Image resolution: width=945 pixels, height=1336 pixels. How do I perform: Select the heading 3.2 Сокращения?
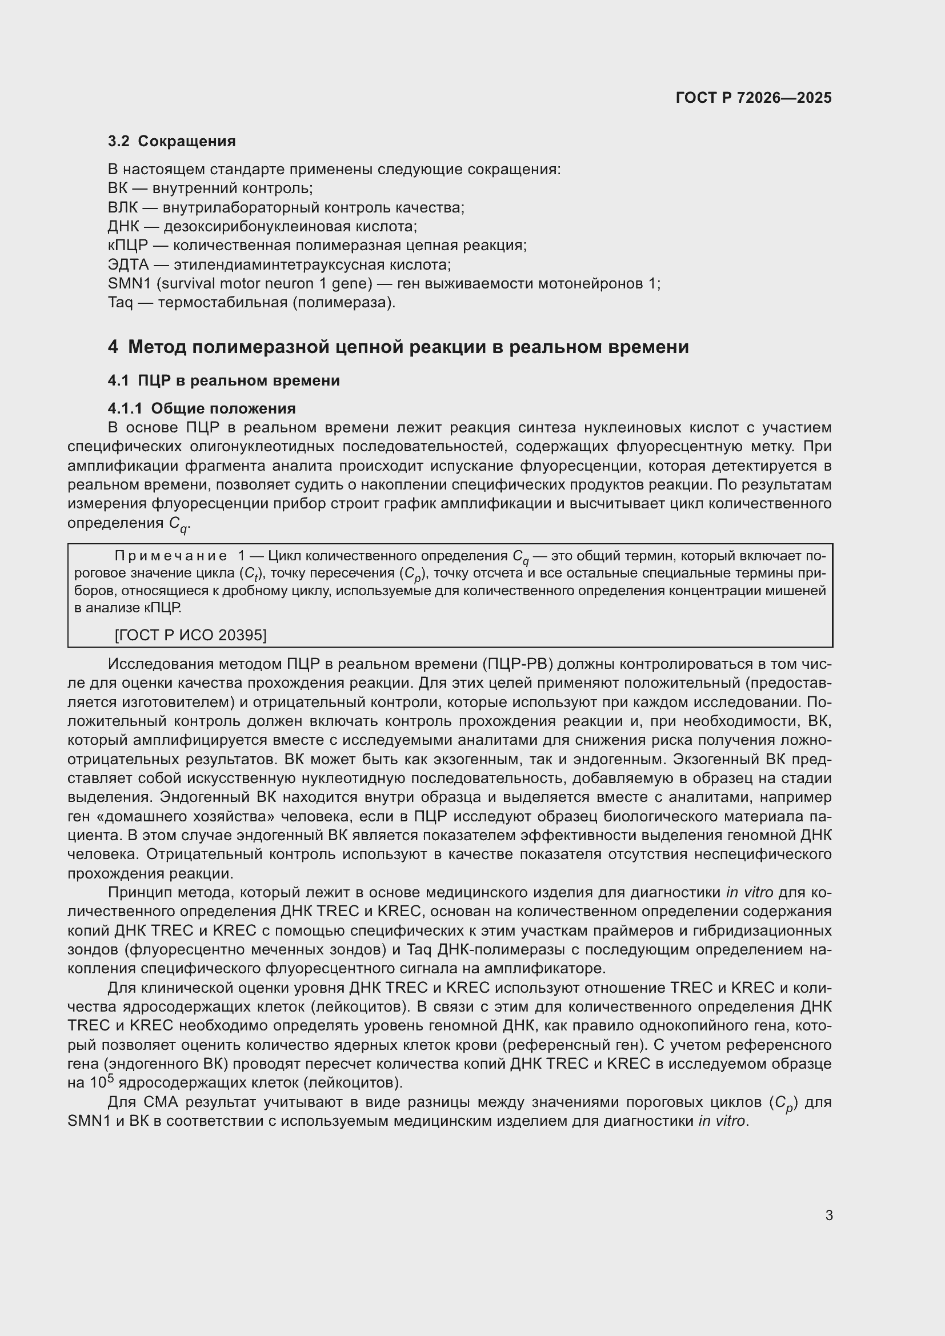tap(171, 142)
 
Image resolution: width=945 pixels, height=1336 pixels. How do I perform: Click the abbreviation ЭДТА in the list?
tap(129, 265)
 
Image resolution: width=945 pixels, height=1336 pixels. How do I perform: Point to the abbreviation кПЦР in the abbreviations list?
tap(128, 246)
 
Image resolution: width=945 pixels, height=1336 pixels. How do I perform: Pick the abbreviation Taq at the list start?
tap(121, 303)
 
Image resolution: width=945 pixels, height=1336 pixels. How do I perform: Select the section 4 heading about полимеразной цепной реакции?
tap(398, 347)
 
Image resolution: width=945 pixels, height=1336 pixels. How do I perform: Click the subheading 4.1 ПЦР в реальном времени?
tap(224, 380)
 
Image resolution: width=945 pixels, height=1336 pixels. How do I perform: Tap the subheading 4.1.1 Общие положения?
tap(202, 408)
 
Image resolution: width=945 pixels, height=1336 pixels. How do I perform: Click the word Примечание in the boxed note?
tap(171, 556)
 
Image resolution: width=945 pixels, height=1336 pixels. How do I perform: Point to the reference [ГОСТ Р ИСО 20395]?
tap(191, 635)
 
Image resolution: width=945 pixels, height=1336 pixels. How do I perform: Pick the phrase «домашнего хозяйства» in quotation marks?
tap(182, 816)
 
